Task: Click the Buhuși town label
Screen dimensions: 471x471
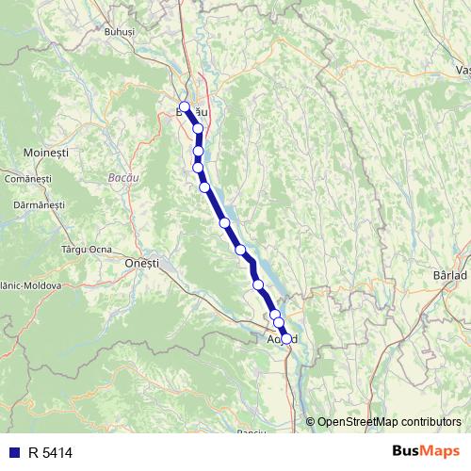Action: click(x=122, y=31)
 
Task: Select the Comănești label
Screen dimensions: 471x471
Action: click(x=27, y=178)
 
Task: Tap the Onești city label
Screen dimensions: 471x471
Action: click(x=141, y=264)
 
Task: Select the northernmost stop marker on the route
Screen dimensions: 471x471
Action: click(x=185, y=106)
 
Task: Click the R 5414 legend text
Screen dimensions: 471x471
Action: click(x=50, y=452)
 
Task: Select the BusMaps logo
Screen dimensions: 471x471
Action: click(x=425, y=451)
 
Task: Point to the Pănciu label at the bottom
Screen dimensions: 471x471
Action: click(x=252, y=432)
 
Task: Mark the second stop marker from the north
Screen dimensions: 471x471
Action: click(x=198, y=129)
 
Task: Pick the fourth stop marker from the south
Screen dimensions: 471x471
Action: click(x=258, y=284)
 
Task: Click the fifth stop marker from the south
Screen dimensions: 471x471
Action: click(x=241, y=250)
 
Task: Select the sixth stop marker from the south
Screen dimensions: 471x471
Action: click(x=224, y=222)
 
